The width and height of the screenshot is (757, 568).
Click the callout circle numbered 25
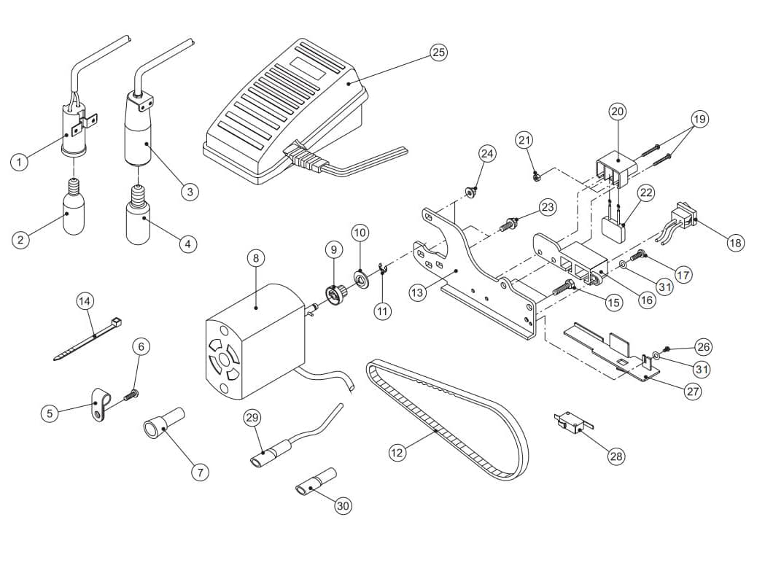coord(438,52)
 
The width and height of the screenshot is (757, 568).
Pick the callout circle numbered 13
coord(417,292)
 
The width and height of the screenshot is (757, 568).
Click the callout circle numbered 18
coord(735,243)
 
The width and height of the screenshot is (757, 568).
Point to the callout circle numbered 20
coord(618,112)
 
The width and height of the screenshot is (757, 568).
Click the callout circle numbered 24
coord(487,153)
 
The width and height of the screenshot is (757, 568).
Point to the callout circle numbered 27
coord(693,391)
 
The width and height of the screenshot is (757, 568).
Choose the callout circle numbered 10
coord(360,233)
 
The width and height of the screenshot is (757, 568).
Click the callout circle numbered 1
coord(21,161)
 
